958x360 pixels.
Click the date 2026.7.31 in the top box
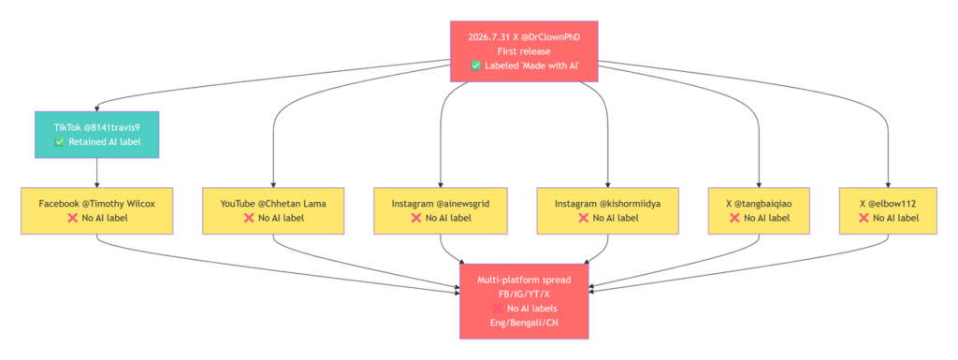487,36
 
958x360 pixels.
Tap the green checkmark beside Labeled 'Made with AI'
476,65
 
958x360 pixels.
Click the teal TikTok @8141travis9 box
96,135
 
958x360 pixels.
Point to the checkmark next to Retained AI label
59,142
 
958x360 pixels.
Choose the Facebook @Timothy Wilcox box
96,210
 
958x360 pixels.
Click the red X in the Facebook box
73,218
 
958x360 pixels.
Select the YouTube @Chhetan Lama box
273,210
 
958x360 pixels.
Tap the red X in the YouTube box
249,218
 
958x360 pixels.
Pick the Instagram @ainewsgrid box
441,210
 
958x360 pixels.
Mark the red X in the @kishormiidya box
584,218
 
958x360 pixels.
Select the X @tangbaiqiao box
760,210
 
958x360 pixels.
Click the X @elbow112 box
888,210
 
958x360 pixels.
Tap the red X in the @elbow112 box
864,218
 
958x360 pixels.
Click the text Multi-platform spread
524,281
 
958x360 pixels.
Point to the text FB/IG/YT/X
524,295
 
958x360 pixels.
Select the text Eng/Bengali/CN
524,323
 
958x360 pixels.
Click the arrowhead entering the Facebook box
96,184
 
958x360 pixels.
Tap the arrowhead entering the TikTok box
96,108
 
